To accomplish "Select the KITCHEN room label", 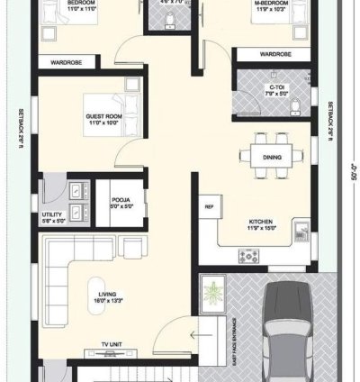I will pyautogui.click(x=262, y=221).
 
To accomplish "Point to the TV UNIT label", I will pyautogui.click(x=112, y=344).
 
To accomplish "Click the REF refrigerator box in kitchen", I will pyautogui.click(x=209, y=206).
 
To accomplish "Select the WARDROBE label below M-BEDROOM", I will pyautogui.click(x=275, y=53).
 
